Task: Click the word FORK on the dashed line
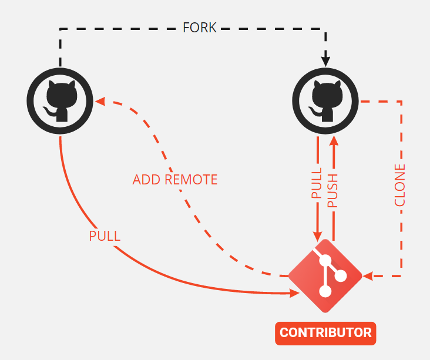(200, 28)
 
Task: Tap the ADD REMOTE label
(175, 180)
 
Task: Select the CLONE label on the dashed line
(400, 185)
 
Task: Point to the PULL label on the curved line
(105, 236)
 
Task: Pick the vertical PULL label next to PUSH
(317, 184)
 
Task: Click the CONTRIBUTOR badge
(325, 333)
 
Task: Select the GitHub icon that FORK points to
(326, 101)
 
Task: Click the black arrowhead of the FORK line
(326, 60)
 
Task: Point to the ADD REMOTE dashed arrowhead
(100, 101)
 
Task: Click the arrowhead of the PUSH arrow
(334, 140)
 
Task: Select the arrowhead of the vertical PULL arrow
(317, 235)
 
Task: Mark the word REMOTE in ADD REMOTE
(192, 180)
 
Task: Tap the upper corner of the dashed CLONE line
(401, 102)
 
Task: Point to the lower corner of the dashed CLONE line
(401, 275)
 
